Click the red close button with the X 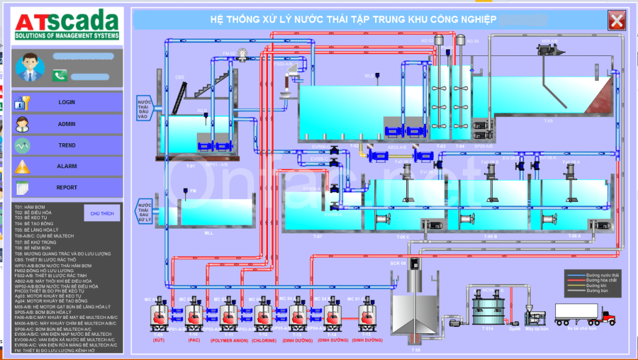point(617,21)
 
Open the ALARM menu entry point(67,166)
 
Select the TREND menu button point(67,145)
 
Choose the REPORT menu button point(67,187)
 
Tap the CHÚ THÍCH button point(102,213)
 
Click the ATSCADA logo point(67,27)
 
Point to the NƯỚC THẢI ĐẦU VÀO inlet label point(145,107)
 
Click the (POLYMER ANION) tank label point(230,341)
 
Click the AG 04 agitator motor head point(461,41)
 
